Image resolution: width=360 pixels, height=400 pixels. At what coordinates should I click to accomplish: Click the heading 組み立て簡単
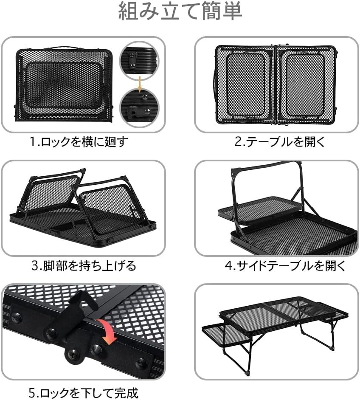180,11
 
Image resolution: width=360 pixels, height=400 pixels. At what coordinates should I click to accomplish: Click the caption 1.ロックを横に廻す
79,142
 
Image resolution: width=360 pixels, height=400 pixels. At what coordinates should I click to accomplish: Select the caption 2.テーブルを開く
280,142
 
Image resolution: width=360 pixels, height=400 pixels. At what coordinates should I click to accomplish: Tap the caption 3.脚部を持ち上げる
83,266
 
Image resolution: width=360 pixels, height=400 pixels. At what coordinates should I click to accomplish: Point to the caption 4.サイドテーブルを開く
285,266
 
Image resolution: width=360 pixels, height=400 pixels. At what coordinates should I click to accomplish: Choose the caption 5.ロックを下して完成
83,393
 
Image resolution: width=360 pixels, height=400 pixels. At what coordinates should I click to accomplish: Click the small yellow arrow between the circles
140,84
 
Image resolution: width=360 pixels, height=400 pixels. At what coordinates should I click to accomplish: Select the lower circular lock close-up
139,107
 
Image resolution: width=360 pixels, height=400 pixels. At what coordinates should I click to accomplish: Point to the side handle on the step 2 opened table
215,84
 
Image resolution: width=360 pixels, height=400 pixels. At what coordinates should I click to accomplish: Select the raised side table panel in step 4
260,209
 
